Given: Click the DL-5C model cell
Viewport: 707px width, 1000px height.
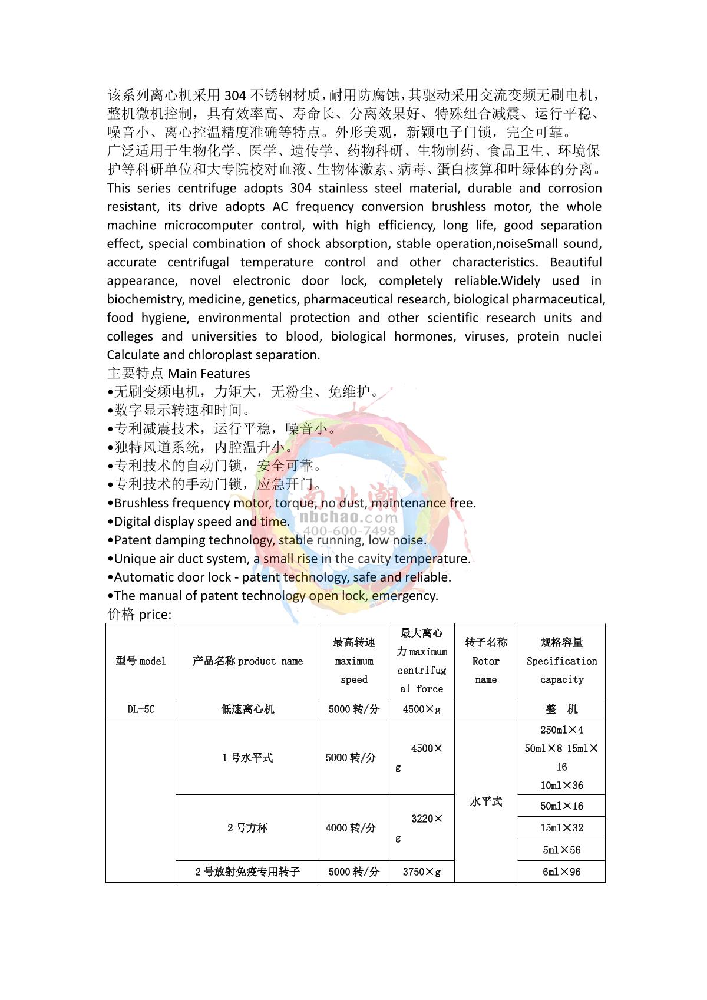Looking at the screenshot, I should [x=141, y=709].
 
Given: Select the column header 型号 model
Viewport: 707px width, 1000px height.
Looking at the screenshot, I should [x=141, y=661].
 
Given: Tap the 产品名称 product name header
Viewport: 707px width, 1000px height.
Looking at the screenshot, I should [x=247, y=661].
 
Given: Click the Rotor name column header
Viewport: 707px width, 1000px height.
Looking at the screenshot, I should [x=486, y=661].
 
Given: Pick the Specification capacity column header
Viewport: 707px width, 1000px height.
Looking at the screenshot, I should [x=561, y=661].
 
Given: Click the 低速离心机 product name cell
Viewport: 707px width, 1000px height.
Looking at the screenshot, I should [x=247, y=709].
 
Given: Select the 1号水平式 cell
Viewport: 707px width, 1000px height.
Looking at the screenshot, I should [x=247, y=757].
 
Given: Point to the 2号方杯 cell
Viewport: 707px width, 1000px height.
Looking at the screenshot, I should [x=247, y=827].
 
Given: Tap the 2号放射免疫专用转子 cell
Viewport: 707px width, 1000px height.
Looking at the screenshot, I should [x=247, y=872].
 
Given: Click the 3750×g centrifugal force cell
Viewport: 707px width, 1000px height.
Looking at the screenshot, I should [x=421, y=872].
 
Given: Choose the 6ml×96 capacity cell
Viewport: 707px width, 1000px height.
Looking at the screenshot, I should [x=561, y=872].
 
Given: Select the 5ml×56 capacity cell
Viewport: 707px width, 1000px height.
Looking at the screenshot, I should [x=561, y=850].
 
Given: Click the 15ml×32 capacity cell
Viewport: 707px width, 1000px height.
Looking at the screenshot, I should [x=561, y=827].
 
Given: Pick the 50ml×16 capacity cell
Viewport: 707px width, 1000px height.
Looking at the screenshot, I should [x=561, y=806].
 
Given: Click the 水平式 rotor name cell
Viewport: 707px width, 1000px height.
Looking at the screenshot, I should [x=486, y=801].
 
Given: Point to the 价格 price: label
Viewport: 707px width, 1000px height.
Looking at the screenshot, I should [x=139, y=614].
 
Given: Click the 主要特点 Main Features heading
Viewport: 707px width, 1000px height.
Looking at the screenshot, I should [x=179, y=373].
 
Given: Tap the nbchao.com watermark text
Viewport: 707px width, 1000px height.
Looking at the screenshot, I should [x=348, y=517].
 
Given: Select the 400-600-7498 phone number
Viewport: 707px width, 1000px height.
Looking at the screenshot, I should [x=349, y=530].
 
